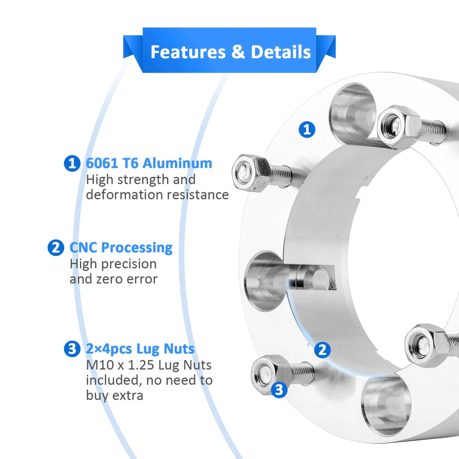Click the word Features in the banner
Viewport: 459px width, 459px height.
coord(188,52)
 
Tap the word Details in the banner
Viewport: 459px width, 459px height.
coord(281,52)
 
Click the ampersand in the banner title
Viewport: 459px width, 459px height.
coord(238,52)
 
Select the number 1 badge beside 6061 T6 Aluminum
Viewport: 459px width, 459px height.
coord(72,164)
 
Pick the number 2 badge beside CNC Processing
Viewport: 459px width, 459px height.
coord(55,248)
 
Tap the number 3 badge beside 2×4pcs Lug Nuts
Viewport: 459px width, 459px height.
coord(72,349)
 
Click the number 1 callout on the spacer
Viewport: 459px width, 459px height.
coord(306,129)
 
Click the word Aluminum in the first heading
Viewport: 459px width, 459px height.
coord(177,164)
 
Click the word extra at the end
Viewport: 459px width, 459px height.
coord(128,395)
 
